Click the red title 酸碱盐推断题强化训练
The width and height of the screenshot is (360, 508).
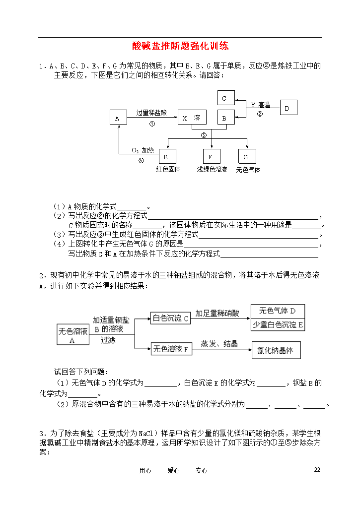click(x=180, y=46)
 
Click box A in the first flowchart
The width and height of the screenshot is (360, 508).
click(x=118, y=117)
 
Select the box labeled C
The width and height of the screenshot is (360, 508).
click(x=226, y=98)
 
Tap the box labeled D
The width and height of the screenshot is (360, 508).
click(x=288, y=108)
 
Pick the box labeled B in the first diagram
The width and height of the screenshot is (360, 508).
click(x=226, y=117)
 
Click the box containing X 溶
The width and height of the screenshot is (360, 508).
click(x=192, y=117)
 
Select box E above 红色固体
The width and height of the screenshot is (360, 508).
click(x=167, y=156)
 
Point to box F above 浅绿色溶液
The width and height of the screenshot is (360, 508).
click(x=212, y=156)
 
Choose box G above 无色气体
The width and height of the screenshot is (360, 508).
click(x=247, y=156)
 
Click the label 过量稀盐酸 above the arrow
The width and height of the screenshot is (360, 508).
click(x=151, y=113)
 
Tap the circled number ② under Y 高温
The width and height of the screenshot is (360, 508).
click(x=260, y=114)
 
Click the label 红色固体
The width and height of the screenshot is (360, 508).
click(x=168, y=170)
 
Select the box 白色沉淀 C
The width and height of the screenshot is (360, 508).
click(x=171, y=318)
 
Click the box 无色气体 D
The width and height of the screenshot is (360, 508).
click(x=278, y=311)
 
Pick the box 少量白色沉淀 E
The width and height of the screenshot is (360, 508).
click(x=278, y=324)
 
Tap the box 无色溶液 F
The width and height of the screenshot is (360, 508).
click(x=171, y=349)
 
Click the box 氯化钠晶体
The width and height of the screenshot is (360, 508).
click(x=276, y=350)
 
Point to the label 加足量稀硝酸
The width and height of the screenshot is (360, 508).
click(x=217, y=314)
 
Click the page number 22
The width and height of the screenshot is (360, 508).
click(x=317, y=469)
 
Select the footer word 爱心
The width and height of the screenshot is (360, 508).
click(x=173, y=470)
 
